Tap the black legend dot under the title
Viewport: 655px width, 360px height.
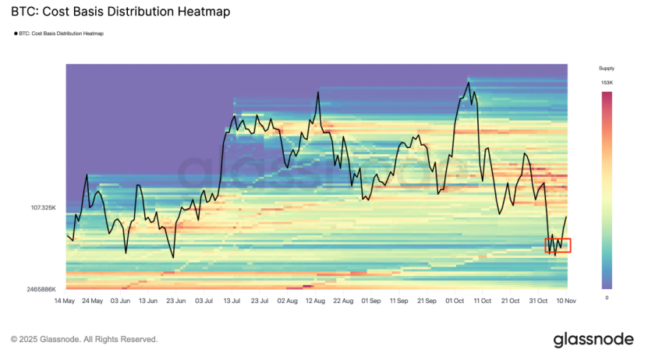tap(16, 34)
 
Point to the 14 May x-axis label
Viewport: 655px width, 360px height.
tap(65, 300)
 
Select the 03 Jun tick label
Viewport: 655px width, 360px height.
tap(120, 300)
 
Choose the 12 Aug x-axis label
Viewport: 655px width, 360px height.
tap(316, 300)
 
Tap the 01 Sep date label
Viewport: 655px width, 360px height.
tap(371, 300)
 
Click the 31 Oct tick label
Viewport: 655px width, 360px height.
tap(538, 300)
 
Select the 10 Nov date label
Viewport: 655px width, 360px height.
tap(565, 300)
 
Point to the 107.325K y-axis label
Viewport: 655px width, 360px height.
tap(44, 208)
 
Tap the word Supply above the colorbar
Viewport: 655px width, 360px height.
tap(606, 69)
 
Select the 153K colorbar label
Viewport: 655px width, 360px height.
tap(606, 83)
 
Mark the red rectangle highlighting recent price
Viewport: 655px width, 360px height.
tap(558, 245)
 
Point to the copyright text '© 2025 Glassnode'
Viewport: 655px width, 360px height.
tap(84, 340)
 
